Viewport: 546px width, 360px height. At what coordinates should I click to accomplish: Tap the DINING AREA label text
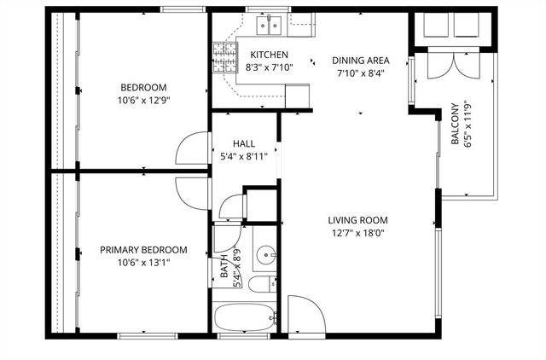[361, 61]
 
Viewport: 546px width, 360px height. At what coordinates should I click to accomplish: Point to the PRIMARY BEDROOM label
[143, 250]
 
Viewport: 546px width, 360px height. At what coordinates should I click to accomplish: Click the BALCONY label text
[455, 125]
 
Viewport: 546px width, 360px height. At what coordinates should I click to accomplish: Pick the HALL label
[244, 144]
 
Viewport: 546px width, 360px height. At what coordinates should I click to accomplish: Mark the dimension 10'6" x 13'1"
[143, 262]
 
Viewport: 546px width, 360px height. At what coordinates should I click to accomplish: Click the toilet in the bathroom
[260, 286]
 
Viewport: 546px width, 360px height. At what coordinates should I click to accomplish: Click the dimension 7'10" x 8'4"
[361, 73]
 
